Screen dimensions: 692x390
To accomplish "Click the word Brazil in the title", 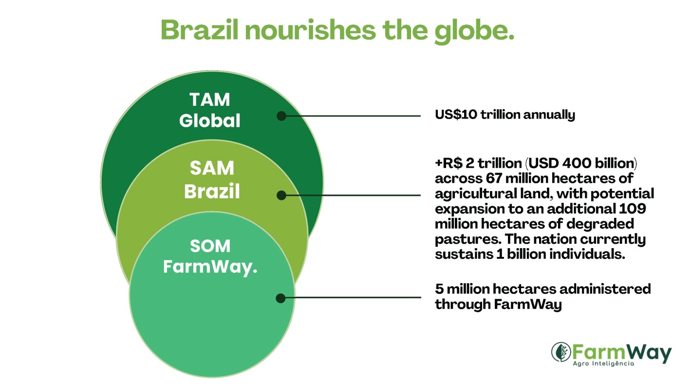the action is click(200, 30).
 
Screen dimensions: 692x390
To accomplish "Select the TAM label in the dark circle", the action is click(210, 99).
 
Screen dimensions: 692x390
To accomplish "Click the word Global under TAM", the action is click(210, 120).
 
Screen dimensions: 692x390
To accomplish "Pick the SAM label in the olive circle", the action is click(212, 168).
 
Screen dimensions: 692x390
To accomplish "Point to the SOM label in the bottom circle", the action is click(210, 246).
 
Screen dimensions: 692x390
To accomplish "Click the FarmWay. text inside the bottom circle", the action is click(210, 267).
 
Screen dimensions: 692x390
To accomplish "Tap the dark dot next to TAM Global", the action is click(281, 116).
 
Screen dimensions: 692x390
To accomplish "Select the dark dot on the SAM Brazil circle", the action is click(281, 195).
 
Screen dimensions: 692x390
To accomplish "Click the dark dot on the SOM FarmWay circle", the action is click(281, 298).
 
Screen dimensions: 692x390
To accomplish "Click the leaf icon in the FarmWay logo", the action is click(561, 352).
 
